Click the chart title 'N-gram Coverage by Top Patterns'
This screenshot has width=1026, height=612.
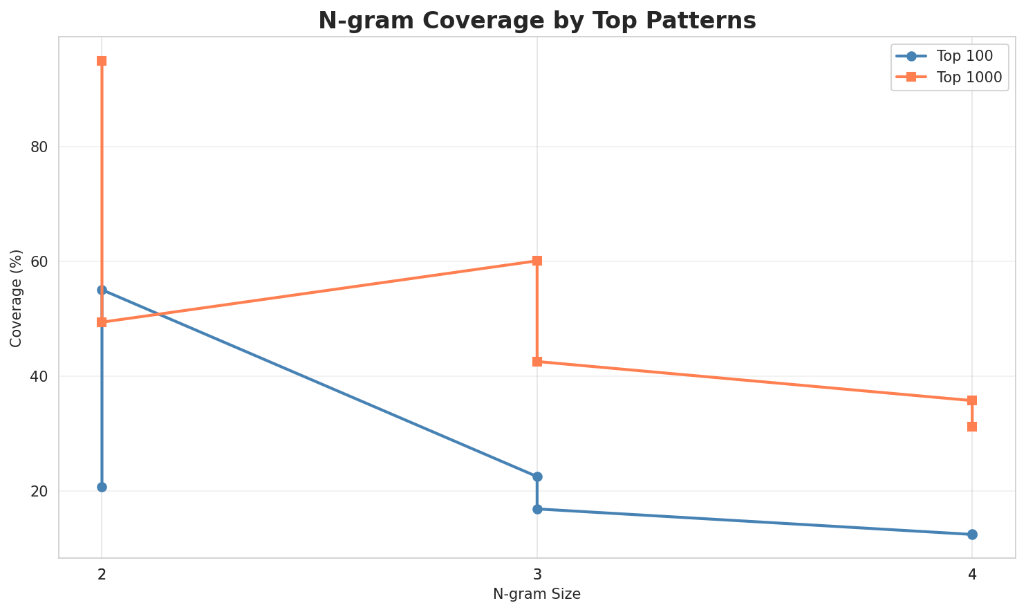pos(537,21)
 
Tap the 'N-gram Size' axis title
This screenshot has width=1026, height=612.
pos(537,594)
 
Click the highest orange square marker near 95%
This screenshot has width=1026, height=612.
pos(102,61)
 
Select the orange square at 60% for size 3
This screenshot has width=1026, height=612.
pos(537,261)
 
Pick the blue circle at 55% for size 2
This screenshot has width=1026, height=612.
pos(102,290)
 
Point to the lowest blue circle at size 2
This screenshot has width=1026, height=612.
pos(102,487)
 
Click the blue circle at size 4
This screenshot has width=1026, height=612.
pos(972,535)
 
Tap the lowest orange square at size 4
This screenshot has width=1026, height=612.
pos(972,427)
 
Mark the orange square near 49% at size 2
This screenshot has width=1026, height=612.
pos(102,322)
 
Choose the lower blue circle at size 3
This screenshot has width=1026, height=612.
pos(537,509)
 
